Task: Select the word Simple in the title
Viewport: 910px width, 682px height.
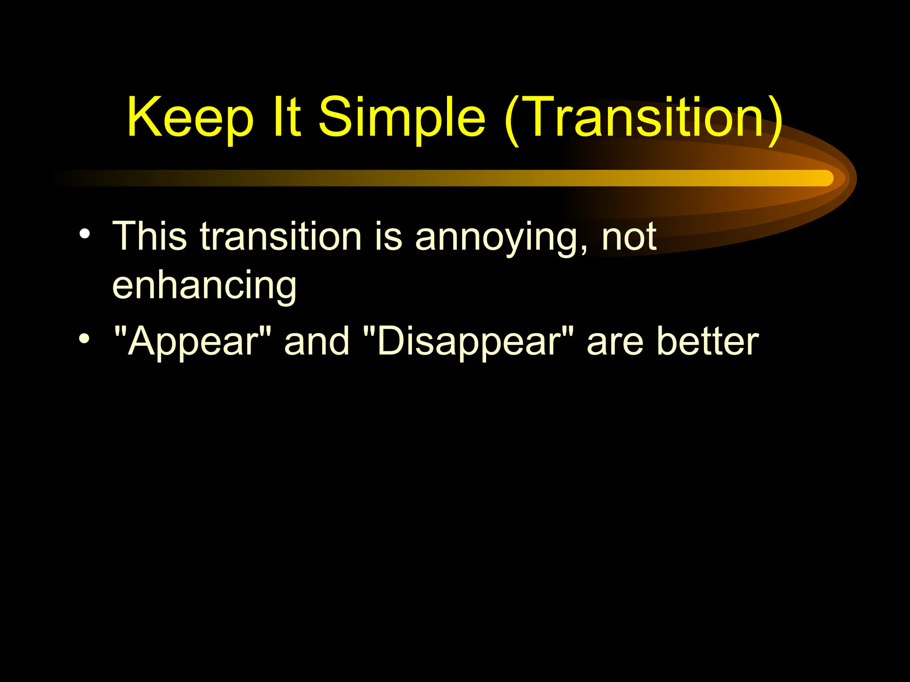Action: click(x=402, y=118)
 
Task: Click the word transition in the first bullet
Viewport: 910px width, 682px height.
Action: click(x=280, y=236)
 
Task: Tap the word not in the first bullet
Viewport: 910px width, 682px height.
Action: click(x=629, y=237)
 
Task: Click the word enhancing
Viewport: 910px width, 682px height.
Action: click(x=204, y=287)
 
